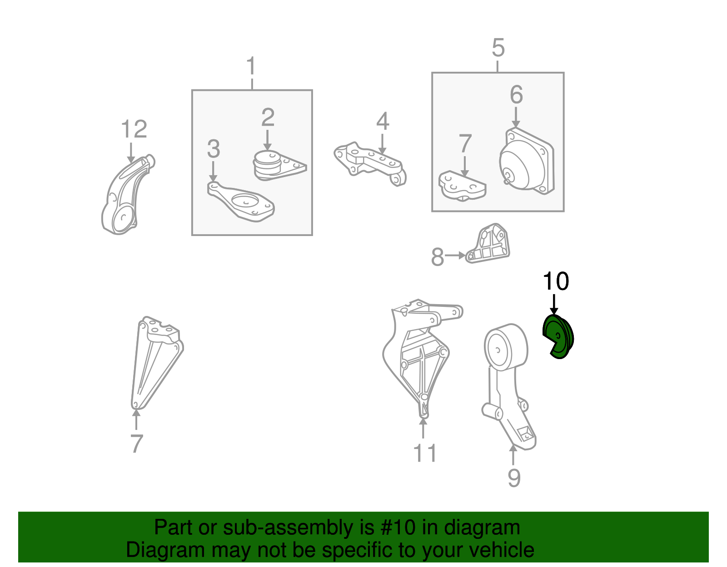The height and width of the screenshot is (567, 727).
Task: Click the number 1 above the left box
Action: [251, 66]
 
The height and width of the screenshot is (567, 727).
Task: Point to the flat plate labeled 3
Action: [240, 202]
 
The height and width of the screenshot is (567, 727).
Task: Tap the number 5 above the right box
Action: [498, 48]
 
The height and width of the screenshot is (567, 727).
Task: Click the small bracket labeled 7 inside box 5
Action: [462, 186]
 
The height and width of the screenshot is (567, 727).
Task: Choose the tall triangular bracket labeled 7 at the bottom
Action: [156, 363]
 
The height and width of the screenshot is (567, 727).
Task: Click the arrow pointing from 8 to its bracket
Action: [455, 256]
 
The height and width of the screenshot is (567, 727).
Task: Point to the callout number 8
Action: [438, 257]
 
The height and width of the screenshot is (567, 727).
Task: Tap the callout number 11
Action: [425, 453]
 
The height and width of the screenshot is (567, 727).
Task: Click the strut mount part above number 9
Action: [508, 384]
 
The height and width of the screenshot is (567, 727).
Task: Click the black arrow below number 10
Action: [554, 305]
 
